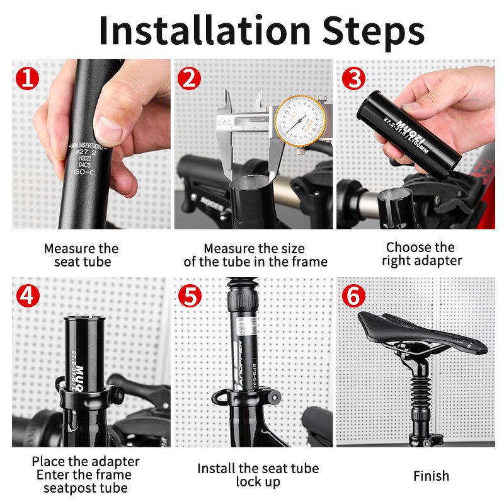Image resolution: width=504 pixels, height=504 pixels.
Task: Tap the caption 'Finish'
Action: click(x=431, y=476)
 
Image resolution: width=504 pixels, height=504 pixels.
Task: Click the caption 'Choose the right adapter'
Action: click(x=422, y=254)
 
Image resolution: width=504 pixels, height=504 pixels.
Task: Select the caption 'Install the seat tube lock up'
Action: click(x=258, y=475)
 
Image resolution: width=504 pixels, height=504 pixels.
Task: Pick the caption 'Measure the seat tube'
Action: click(x=81, y=255)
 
